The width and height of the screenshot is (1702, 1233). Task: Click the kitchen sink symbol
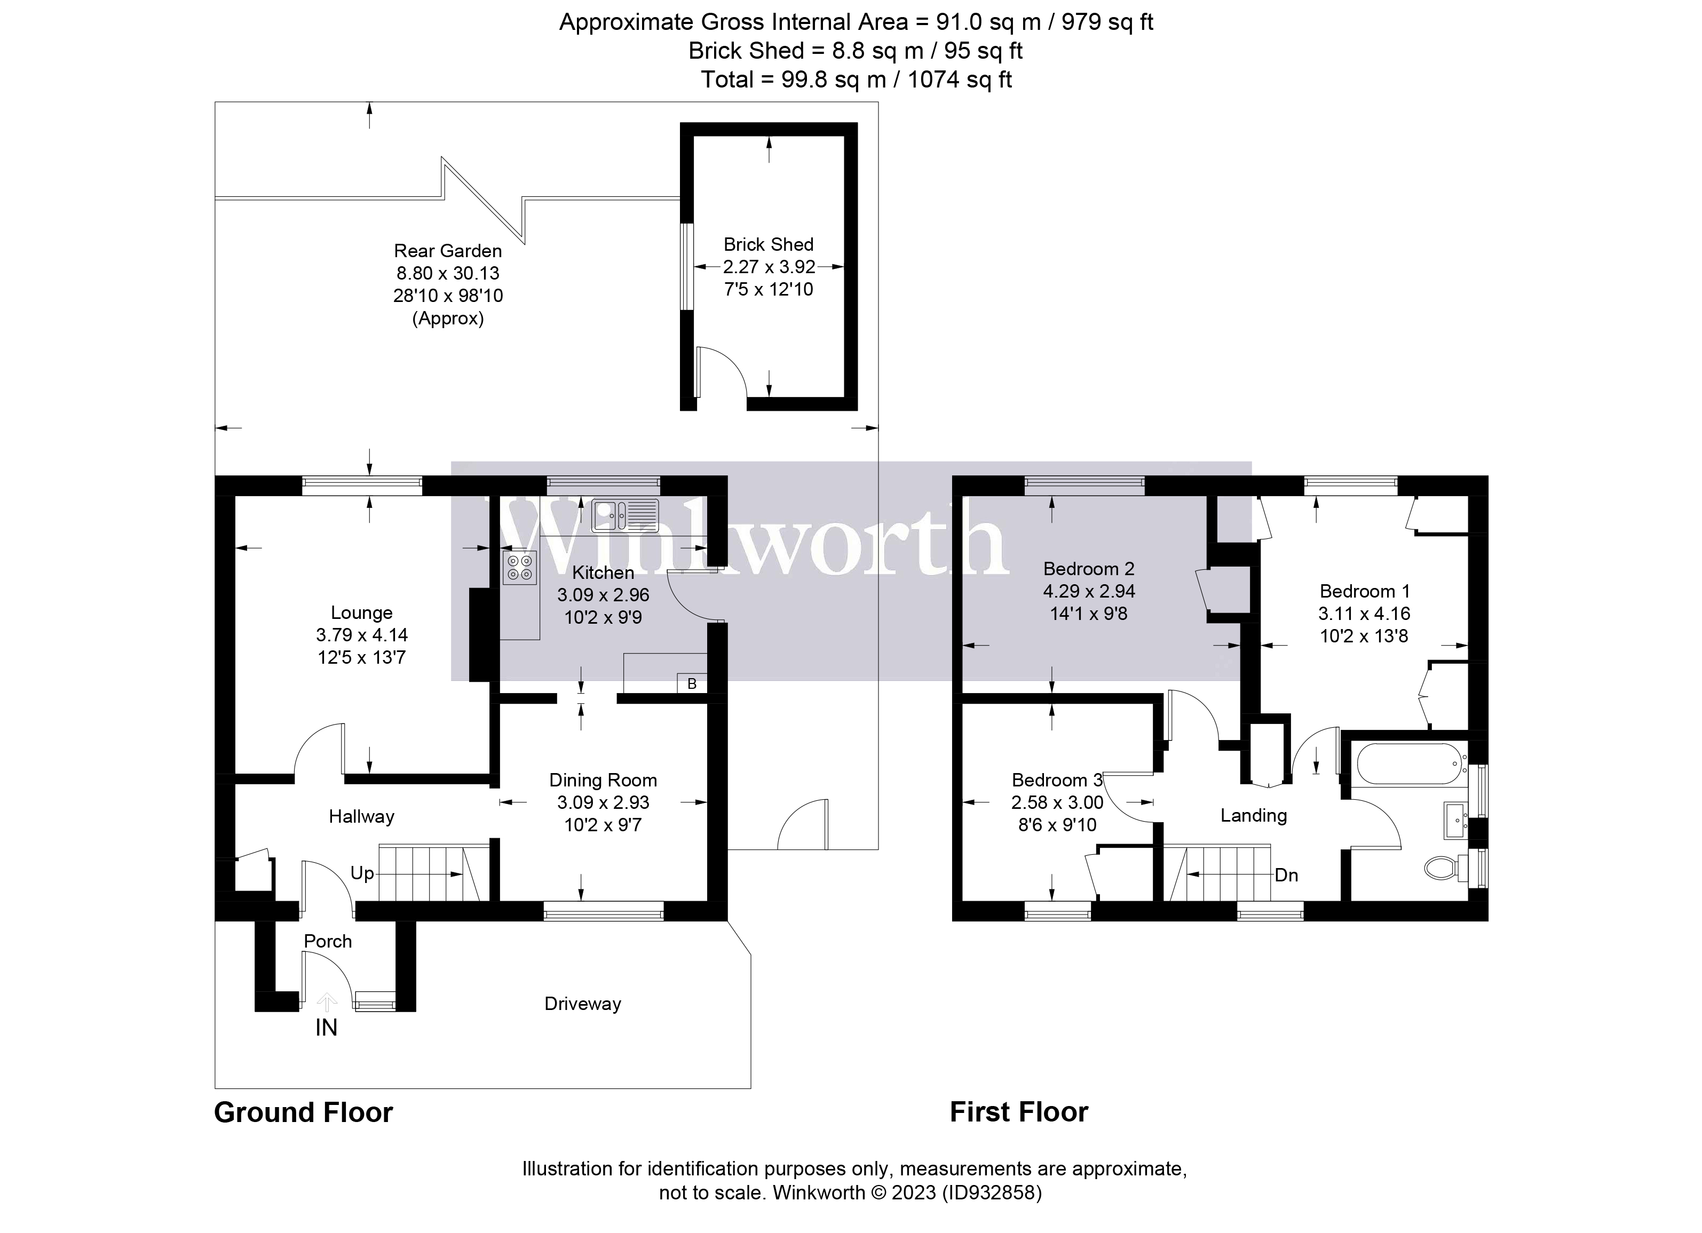624,516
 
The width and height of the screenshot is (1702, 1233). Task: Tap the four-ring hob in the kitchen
519,568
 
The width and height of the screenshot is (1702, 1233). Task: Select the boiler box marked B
692,683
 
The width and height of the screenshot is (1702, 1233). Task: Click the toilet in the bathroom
1442,869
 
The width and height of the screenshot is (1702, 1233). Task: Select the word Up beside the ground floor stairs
362,873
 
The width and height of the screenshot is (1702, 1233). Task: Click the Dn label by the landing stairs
1286,875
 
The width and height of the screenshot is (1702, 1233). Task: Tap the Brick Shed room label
767,244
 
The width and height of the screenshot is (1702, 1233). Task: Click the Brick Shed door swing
721,371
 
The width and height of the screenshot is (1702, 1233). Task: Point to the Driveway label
582,1004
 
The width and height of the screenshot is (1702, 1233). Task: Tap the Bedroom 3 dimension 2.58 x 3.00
1057,802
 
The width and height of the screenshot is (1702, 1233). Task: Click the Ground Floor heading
303,1112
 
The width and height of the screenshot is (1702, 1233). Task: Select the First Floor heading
1018,1111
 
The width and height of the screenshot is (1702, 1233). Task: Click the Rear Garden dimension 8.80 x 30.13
447,273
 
